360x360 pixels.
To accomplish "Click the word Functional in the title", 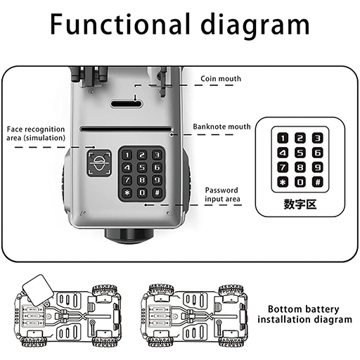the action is (x=120, y=24).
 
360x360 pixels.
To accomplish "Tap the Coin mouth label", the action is (x=221, y=79).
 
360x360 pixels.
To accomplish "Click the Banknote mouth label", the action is (x=221, y=127).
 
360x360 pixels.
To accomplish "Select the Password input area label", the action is (x=222, y=194).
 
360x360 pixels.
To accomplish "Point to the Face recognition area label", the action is (x=36, y=134).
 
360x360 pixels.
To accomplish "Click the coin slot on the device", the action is (x=127, y=104).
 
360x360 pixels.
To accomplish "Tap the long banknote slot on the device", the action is (x=126, y=129).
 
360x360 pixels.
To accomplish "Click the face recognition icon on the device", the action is (x=99, y=163).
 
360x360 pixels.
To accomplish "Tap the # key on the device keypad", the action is (x=157, y=193).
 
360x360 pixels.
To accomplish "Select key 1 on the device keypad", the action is (x=127, y=155).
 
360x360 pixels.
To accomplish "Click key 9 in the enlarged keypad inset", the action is (x=317, y=167).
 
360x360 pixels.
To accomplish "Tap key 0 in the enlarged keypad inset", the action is (x=300, y=182).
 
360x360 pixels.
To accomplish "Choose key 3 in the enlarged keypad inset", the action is (x=317, y=138).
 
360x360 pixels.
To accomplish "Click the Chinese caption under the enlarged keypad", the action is (x=300, y=204).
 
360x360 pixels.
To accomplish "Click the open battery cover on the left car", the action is (x=38, y=290).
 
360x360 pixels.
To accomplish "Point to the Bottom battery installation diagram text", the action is (x=304, y=314).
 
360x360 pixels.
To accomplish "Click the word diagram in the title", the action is (x=255, y=26).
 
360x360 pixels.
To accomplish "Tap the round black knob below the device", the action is (x=129, y=236).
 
